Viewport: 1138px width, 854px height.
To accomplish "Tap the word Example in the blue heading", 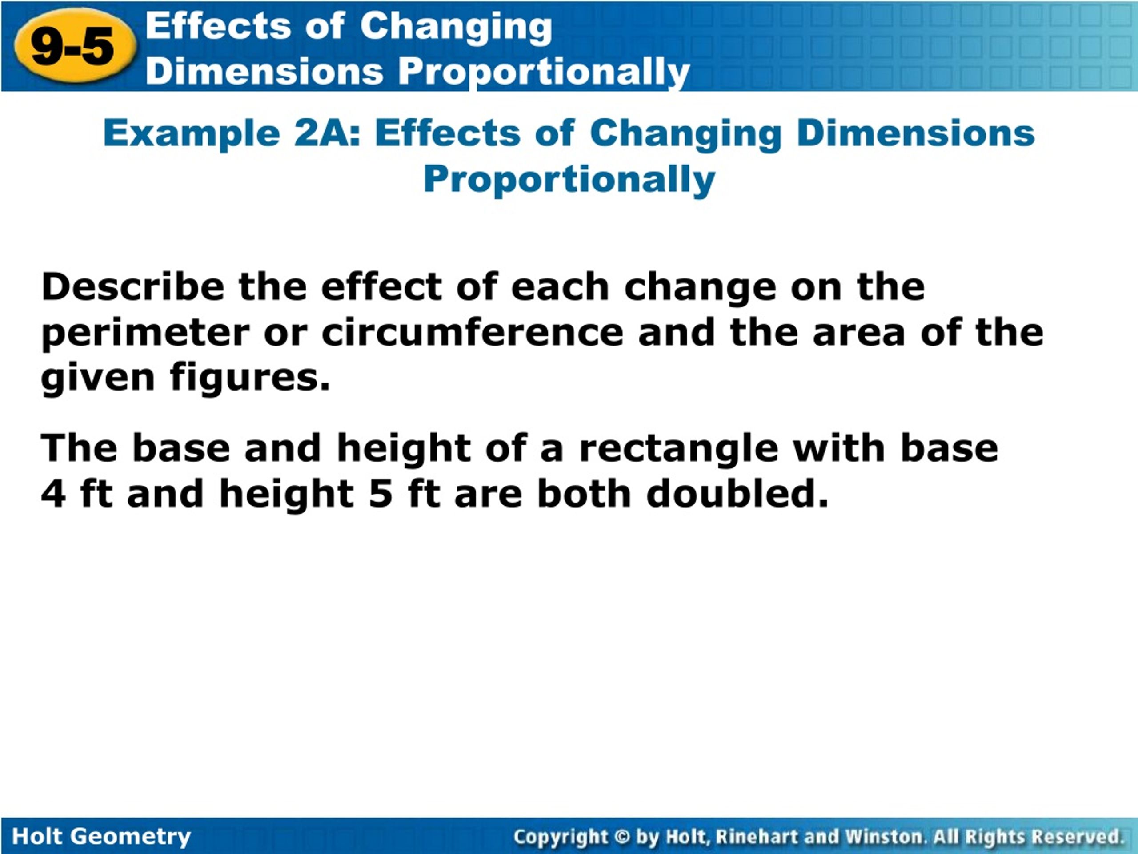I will (x=192, y=133).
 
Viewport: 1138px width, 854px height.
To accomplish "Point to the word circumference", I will (x=472, y=333).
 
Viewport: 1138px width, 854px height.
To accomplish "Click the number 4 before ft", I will (x=53, y=494).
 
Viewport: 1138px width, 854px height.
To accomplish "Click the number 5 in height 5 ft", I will (x=381, y=494).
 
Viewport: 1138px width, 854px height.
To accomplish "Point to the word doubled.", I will (x=737, y=494).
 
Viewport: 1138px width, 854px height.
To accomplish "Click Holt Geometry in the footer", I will (x=101, y=837).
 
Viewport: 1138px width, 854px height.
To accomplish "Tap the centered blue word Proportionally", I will (x=569, y=180).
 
